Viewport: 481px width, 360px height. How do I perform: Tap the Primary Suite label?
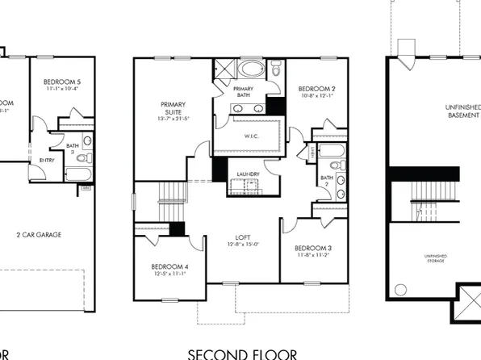pyautogui.click(x=174, y=109)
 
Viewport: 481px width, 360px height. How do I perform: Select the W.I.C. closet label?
pyautogui.click(x=250, y=135)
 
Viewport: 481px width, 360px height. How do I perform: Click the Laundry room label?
pyautogui.click(x=248, y=174)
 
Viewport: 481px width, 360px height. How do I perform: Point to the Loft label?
pyautogui.click(x=242, y=237)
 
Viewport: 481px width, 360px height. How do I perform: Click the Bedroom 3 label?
pyautogui.click(x=314, y=247)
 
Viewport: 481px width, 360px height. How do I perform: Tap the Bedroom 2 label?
pyautogui.click(x=317, y=89)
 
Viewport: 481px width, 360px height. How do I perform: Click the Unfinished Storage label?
pyautogui.click(x=436, y=259)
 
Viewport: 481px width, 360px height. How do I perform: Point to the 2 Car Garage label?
pyautogui.click(x=40, y=235)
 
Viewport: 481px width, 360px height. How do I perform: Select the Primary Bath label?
pyautogui.click(x=244, y=91)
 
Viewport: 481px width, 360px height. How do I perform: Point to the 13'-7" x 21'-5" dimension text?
pyautogui.click(x=174, y=119)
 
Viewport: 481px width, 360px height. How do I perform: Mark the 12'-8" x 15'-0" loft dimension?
pyautogui.click(x=242, y=245)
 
